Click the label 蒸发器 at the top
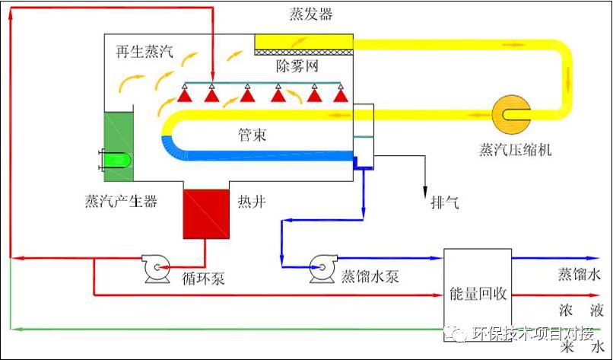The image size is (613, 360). (x=311, y=15)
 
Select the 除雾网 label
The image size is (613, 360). (x=297, y=66)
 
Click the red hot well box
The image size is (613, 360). (x=205, y=213)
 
